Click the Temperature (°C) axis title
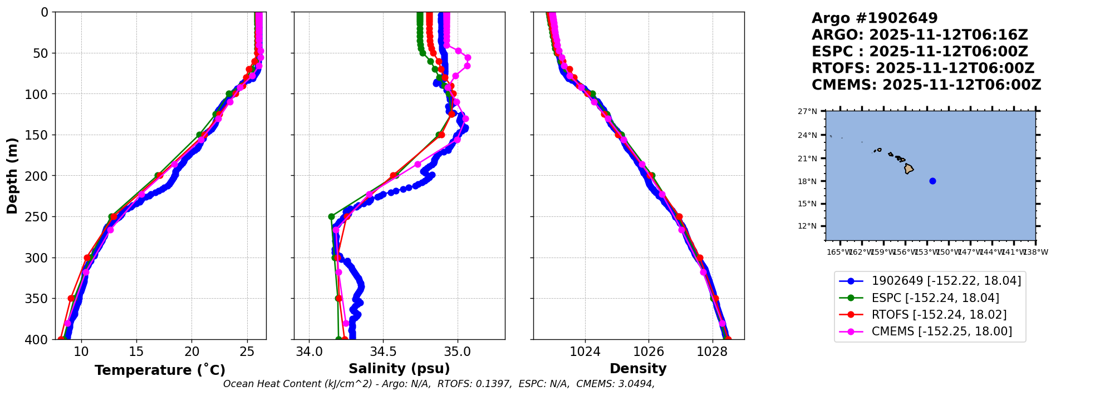coord(160,370)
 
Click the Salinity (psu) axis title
coord(399,369)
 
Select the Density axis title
coord(638,369)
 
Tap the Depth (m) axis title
coord(12,176)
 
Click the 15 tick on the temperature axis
coord(136,352)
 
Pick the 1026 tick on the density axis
coord(649,352)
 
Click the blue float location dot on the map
coord(932,181)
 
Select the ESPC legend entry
coord(935,298)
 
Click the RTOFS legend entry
coord(939,315)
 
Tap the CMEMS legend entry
coord(941,331)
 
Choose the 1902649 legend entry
coord(946,281)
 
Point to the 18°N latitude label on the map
coord(807,181)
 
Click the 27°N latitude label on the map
coord(807,112)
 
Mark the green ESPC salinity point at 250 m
coord(331,217)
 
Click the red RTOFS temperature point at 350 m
coord(71,299)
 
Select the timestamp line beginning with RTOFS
coord(922,68)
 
